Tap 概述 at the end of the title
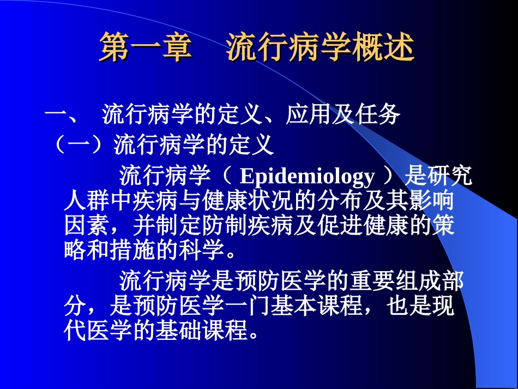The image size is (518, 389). pos(391,47)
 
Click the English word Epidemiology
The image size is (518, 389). pos(308,177)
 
